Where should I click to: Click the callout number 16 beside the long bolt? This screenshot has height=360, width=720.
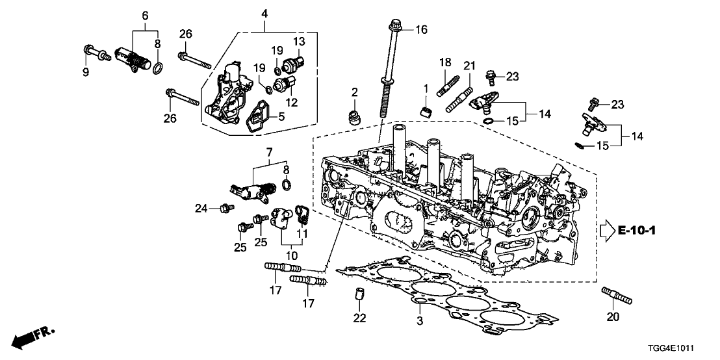pos(422,29)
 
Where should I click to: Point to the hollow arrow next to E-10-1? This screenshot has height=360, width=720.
pos(606,231)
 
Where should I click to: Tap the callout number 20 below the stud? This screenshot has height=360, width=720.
pos(613,317)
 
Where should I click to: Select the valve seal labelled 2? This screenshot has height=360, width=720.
pos(355,118)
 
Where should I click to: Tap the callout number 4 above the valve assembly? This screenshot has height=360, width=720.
pos(264,12)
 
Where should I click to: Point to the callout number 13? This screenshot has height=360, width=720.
pos(298,42)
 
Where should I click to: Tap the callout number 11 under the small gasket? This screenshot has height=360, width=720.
pos(302,232)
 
